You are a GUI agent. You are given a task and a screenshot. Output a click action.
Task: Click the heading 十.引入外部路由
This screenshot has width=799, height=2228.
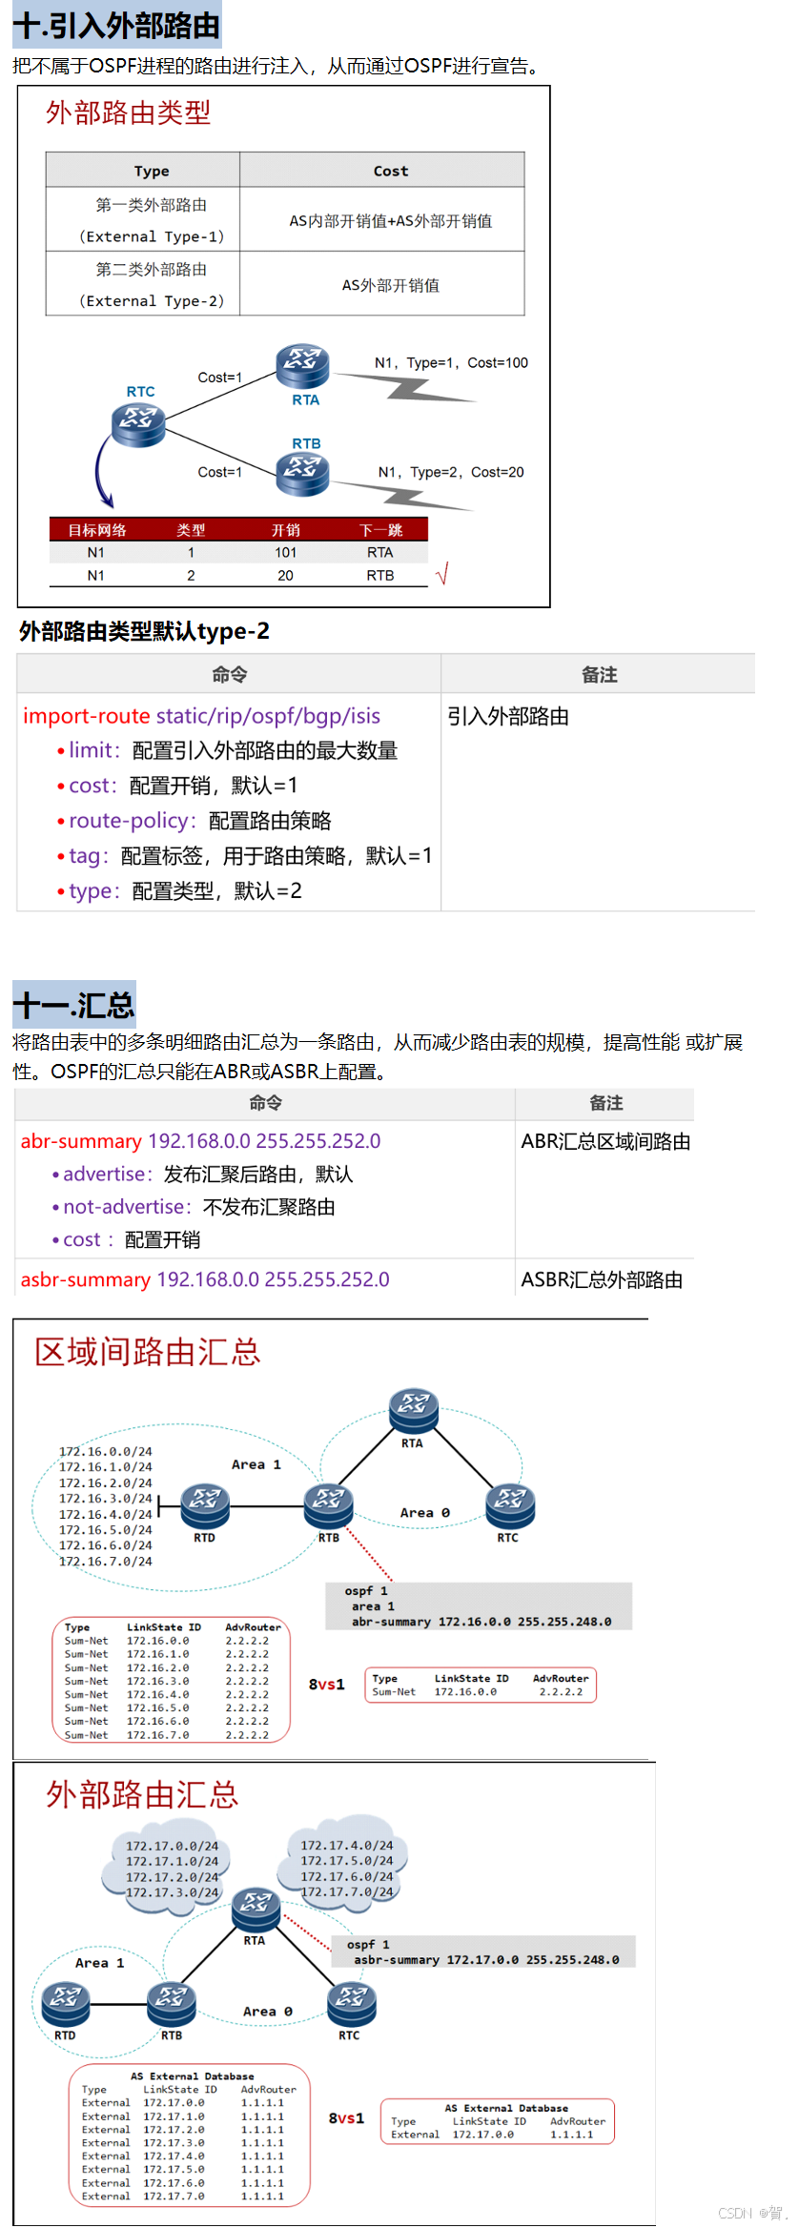tap(116, 26)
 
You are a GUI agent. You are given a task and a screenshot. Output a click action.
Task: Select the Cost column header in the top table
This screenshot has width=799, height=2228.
tap(390, 171)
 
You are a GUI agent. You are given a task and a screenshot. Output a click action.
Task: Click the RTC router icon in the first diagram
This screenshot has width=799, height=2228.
tap(138, 423)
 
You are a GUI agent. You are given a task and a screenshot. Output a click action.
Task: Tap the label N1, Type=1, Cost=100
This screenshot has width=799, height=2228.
tap(451, 362)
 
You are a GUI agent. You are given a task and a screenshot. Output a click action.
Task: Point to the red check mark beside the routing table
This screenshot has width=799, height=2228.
tap(441, 574)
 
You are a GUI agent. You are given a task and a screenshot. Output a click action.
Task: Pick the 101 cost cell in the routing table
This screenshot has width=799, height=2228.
tap(285, 552)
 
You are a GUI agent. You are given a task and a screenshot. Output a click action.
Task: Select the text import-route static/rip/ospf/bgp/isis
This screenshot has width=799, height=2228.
tap(201, 716)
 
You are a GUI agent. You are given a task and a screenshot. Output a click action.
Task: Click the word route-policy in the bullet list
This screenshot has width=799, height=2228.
tap(133, 821)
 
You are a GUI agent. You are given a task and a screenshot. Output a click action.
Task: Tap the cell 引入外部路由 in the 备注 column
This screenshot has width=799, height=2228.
tap(508, 717)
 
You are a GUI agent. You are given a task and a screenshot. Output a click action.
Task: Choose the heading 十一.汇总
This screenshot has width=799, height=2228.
tap(74, 1006)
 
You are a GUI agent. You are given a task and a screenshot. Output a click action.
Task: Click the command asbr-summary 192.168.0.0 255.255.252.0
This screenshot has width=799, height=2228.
tap(205, 1279)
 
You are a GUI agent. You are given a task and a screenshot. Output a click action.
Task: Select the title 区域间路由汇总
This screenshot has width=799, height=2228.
tap(148, 1352)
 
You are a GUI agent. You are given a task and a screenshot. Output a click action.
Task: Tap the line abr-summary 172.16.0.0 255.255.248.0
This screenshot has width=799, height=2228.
tap(481, 1621)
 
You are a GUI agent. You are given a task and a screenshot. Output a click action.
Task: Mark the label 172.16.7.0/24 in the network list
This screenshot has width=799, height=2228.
tap(105, 1562)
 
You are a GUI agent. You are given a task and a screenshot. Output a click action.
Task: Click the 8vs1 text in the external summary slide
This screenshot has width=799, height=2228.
tap(346, 2118)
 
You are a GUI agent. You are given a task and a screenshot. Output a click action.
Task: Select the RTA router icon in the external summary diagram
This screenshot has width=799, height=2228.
tap(256, 1910)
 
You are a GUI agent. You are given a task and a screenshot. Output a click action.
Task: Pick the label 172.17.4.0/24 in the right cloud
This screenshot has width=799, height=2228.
tap(346, 1846)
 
